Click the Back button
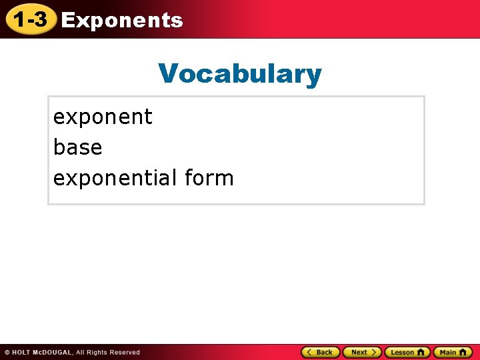click(x=321, y=352)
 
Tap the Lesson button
click(x=407, y=352)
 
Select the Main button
click(x=453, y=352)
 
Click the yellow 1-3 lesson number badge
click(x=30, y=20)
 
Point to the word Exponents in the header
click(x=122, y=21)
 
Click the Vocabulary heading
click(x=240, y=74)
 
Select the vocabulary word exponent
click(x=103, y=117)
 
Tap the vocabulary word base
click(x=77, y=147)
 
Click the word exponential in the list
click(x=115, y=178)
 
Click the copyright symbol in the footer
click(x=7, y=352)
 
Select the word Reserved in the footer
click(x=125, y=352)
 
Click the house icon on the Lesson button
click(x=420, y=352)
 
